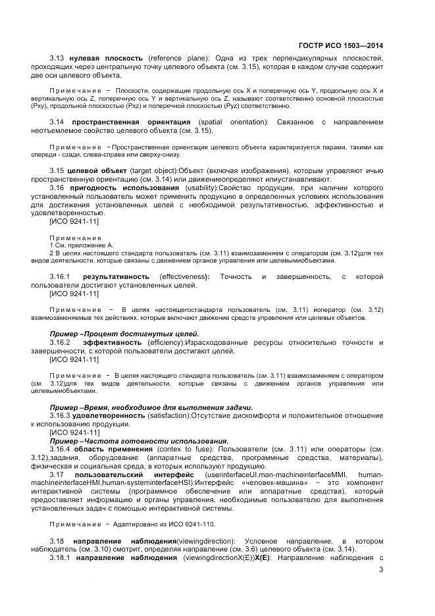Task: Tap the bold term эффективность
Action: pos(112,343)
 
